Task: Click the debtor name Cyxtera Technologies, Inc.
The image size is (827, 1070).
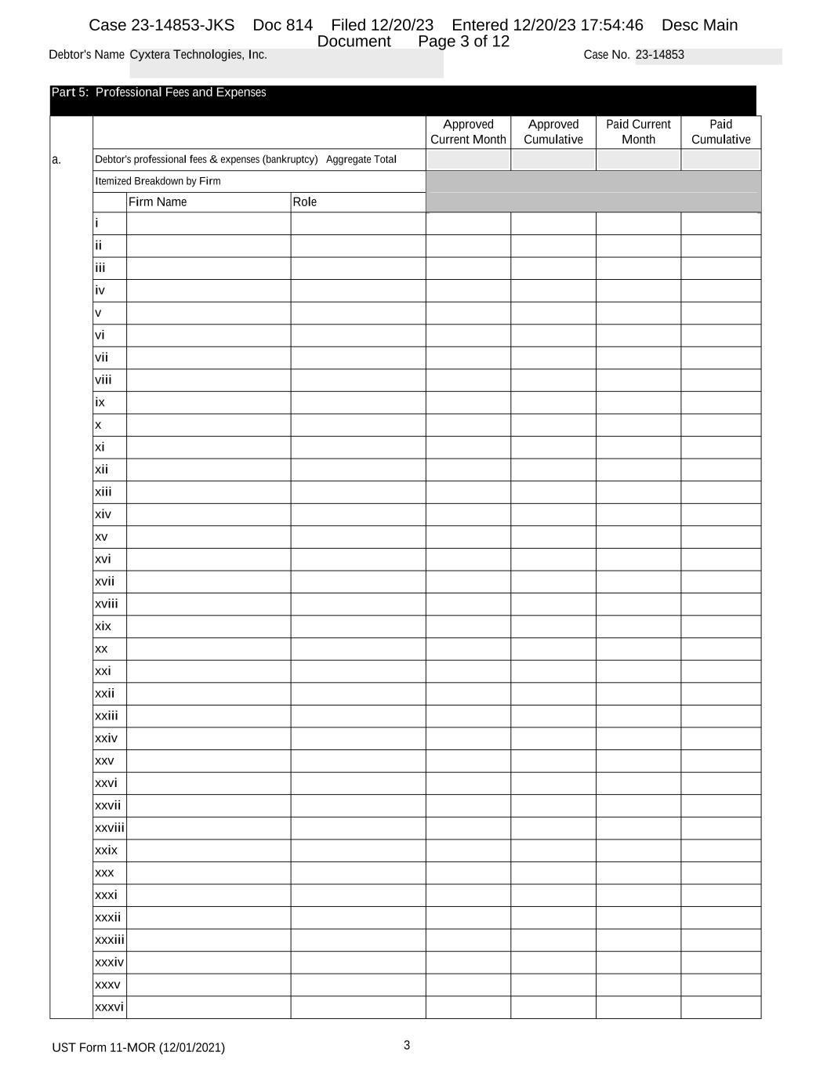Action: pyautogui.click(x=198, y=55)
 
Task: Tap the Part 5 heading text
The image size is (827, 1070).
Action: pyautogui.click(x=158, y=92)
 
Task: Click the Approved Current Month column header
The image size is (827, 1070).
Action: pyautogui.click(x=468, y=132)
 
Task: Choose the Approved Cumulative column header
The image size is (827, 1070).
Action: pyautogui.click(x=553, y=132)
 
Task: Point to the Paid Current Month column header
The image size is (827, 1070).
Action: pyautogui.click(x=638, y=132)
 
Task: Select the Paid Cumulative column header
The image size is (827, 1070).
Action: pyautogui.click(x=720, y=132)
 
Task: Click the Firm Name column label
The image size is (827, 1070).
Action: pyautogui.click(x=158, y=202)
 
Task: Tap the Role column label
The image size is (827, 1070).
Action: pyautogui.click(x=305, y=202)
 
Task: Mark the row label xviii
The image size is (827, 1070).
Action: pyautogui.click(x=107, y=604)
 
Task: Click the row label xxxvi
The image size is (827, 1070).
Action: pyautogui.click(x=109, y=1007)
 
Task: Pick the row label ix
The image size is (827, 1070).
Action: pyautogui.click(x=100, y=402)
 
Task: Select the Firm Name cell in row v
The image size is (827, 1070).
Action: pyautogui.click(x=208, y=313)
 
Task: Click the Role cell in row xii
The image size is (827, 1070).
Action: pyautogui.click(x=357, y=470)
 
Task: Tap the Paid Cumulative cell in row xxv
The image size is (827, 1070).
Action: pyautogui.click(x=720, y=760)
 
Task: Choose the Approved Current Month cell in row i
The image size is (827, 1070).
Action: pyautogui.click(x=468, y=223)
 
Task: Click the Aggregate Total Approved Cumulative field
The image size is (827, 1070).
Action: pyautogui.click(x=553, y=160)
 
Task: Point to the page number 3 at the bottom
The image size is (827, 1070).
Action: pyautogui.click(x=407, y=1045)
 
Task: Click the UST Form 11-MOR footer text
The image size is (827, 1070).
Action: pyautogui.click(x=138, y=1048)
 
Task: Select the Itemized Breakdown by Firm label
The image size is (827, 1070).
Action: pyautogui.click(x=158, y=181)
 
